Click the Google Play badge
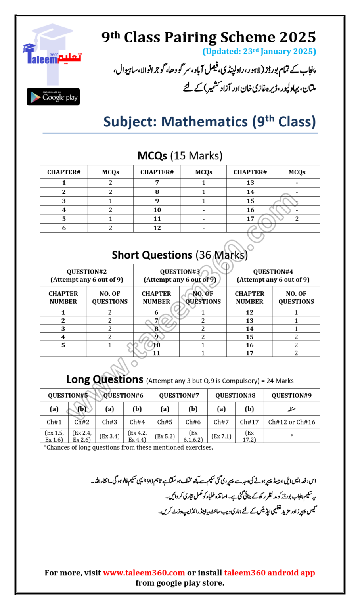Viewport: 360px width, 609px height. click(x=53, y=97)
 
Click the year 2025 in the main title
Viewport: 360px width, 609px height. click(x=297, y=37)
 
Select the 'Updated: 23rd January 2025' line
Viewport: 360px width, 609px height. click(x=259, y=51)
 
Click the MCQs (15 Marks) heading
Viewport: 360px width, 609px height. click(x=180, y=155)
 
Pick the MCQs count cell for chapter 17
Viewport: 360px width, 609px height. click(x=297, y=219)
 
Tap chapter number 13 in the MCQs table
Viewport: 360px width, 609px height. click(x=250, y=183)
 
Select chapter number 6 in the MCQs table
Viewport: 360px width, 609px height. click(x=64, y=228)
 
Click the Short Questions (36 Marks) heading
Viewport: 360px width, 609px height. click(x=180, y=255)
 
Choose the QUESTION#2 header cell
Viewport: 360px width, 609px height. click(x=87, y=276)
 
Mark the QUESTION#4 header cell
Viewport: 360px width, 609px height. click(x=273, y=276)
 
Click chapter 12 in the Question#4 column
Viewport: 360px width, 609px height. click(x=250, y=312)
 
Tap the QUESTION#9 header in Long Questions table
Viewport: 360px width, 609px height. click(x=291, y=395)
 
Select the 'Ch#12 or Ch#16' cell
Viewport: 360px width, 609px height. click(x=291, y=422)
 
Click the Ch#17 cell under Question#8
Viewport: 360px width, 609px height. click(x=249, y=422)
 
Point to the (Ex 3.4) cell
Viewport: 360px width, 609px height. click(x=109, y=436)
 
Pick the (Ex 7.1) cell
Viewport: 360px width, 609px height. click(x=221, y=436)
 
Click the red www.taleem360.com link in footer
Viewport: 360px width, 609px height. click(x=144, y=573)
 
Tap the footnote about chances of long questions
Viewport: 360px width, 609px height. click(x=128, y=447)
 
